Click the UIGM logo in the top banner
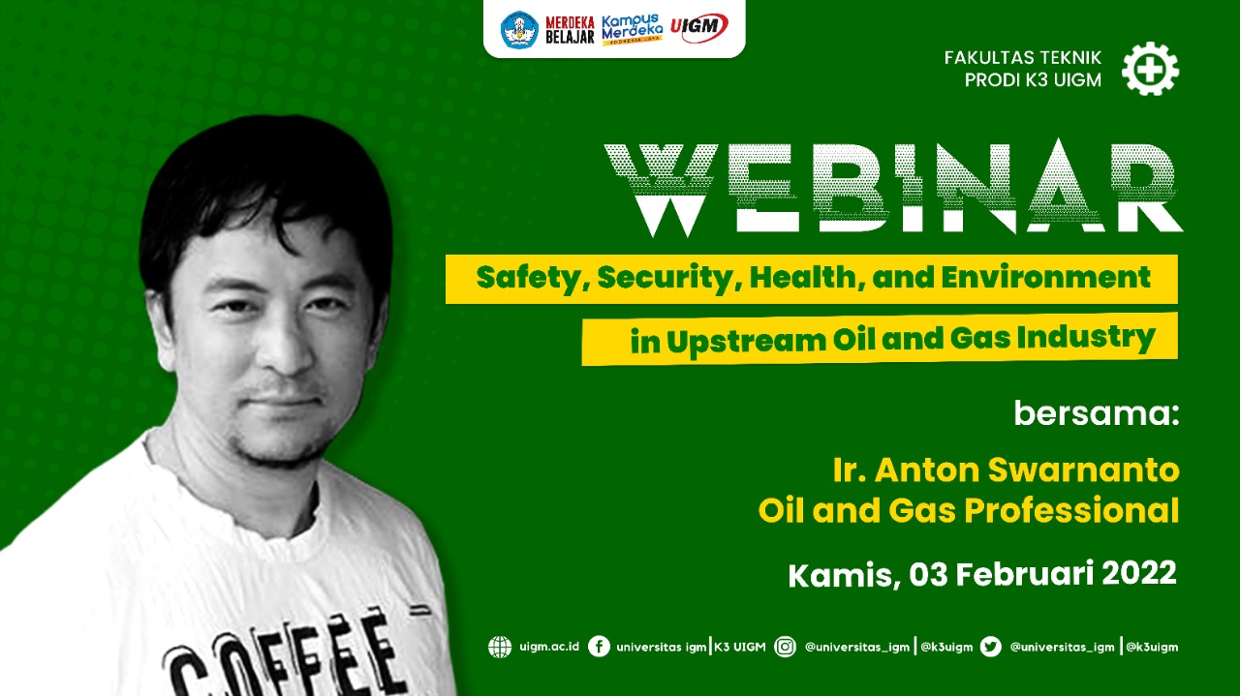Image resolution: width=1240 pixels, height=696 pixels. (x=698, y=28)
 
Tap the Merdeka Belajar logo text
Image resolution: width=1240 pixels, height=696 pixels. (x=570, y=30)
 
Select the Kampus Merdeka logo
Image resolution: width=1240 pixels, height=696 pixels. (x=633, y=29)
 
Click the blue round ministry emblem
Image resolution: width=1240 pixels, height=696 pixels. (x=519, y=29)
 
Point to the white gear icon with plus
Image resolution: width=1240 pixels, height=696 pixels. (x=1150, y=69)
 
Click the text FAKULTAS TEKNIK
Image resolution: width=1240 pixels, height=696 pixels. (x=1022, y=57)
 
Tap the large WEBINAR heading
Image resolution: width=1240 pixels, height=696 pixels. (x=893, y=188)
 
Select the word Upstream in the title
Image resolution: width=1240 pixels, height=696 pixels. (x=746, y=341)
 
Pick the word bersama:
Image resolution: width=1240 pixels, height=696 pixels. (x=1096, y=412)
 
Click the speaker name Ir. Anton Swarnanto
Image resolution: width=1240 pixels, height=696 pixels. (x=1006, y=469)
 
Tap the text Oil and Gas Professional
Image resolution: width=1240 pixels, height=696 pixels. (x=968, y=510)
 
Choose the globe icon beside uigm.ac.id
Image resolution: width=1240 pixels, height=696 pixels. (x=500, y=647)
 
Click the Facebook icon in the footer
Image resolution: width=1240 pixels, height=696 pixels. (x=599, y=647)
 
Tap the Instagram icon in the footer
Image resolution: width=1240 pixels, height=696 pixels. (x=785, y=647)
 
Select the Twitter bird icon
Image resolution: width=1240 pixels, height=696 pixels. (x=990, y=647)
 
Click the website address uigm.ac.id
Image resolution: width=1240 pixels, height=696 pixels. (x=549, y=647)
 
